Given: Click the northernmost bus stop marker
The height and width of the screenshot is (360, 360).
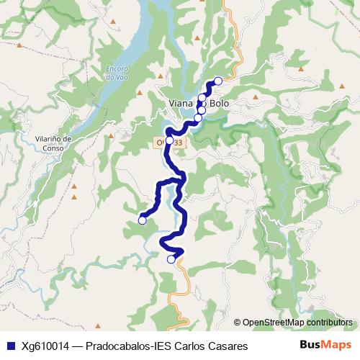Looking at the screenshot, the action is pyautogui.click(x=217, y=81).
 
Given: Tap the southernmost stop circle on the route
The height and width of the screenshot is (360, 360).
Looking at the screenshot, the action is pyautogui.click(x=171, y=259).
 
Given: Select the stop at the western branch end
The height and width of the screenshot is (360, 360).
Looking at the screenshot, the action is pyautogui.click(x=143, y=220).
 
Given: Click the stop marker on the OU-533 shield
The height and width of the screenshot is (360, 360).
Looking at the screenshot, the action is pyautogui.click(x=169, y=141).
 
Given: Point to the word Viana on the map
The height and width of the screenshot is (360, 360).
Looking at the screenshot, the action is pyautogui.click(x=179, y=103).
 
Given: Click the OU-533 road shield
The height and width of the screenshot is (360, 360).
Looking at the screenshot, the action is pyautogui.click(x=168, y=143).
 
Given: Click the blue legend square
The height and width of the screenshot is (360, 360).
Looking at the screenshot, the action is pyautogui.click(x=9, y=346).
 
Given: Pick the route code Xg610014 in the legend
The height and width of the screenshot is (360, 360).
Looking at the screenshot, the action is pyautogui.click(x=45, y=346).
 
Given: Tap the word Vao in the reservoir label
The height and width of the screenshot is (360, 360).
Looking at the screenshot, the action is pyautogui.click(x=115, y=77).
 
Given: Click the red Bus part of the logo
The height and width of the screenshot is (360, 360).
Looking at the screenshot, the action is pyautogui.click(x=311, y=346).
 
